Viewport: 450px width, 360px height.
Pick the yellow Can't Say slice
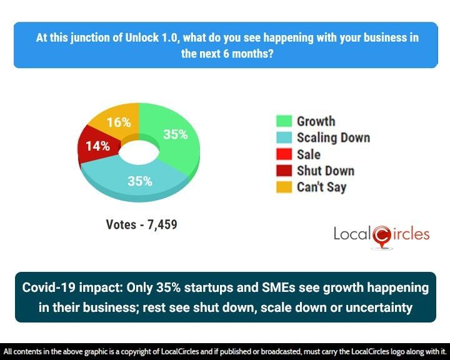[116, 119]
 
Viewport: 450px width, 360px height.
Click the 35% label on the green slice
[175, 134]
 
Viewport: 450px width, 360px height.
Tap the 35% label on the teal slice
[139, 181]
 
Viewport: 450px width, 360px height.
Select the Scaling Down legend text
[333, 137]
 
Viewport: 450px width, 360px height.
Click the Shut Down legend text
[325, 171]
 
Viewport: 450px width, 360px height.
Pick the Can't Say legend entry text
[321, 187]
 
